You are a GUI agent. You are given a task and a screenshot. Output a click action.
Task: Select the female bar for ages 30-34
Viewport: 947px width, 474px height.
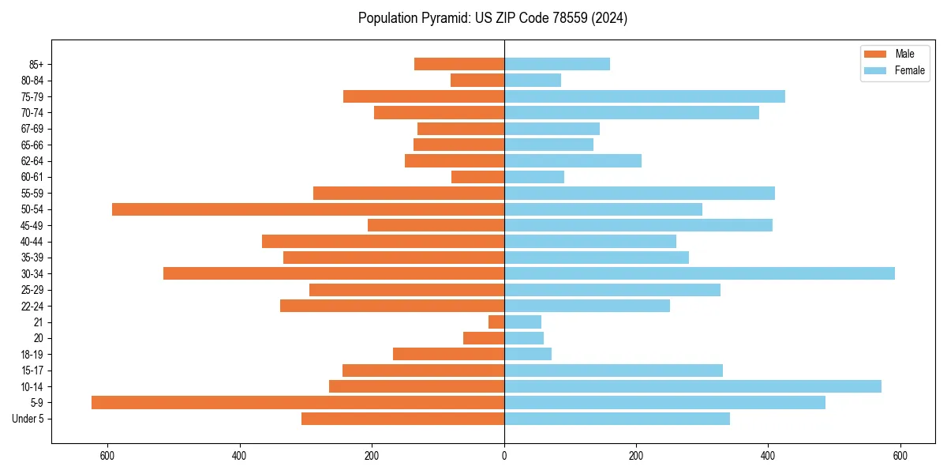click(x=699, y=273)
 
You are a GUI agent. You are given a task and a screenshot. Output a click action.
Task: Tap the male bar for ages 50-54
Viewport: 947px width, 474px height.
click(x=308, y=209)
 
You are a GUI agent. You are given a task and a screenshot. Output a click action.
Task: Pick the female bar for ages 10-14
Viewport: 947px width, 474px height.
click(x=693, y=386)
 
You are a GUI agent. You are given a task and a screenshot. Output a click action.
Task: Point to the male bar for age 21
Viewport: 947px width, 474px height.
click(x=496, y=322)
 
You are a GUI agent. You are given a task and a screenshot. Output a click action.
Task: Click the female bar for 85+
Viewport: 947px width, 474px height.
click(x=557, y=64)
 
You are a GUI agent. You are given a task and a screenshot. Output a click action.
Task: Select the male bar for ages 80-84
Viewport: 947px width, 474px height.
click(x=477, y=80)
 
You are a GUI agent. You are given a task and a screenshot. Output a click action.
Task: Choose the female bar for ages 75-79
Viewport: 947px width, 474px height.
click(x=645, y=96)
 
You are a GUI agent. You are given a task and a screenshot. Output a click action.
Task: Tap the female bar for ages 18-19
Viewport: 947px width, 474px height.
click(x=528, y=354)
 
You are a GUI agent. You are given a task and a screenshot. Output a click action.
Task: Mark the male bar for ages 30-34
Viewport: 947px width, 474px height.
click(x=334, y=273)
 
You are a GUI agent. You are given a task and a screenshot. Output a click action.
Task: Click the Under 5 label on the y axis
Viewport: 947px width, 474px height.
click(x=28, y=419)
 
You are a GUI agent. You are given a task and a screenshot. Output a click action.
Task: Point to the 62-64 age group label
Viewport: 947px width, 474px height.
click(x=32, y=161)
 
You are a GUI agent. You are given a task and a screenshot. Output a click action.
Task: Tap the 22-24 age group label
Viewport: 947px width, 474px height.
click(x=32, y=306)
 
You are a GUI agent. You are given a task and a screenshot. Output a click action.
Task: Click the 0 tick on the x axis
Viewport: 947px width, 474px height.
click(x=504, y=456)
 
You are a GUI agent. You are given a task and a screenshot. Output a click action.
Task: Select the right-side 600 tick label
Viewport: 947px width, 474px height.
click(x=900, y=456)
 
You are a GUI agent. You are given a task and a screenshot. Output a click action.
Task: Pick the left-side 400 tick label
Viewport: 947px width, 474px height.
click(x=240, y=456)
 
